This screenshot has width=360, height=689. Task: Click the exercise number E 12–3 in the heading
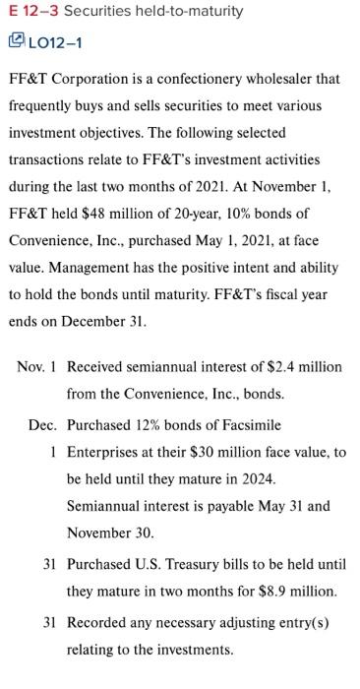32,11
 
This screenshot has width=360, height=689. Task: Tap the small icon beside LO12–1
17,40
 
